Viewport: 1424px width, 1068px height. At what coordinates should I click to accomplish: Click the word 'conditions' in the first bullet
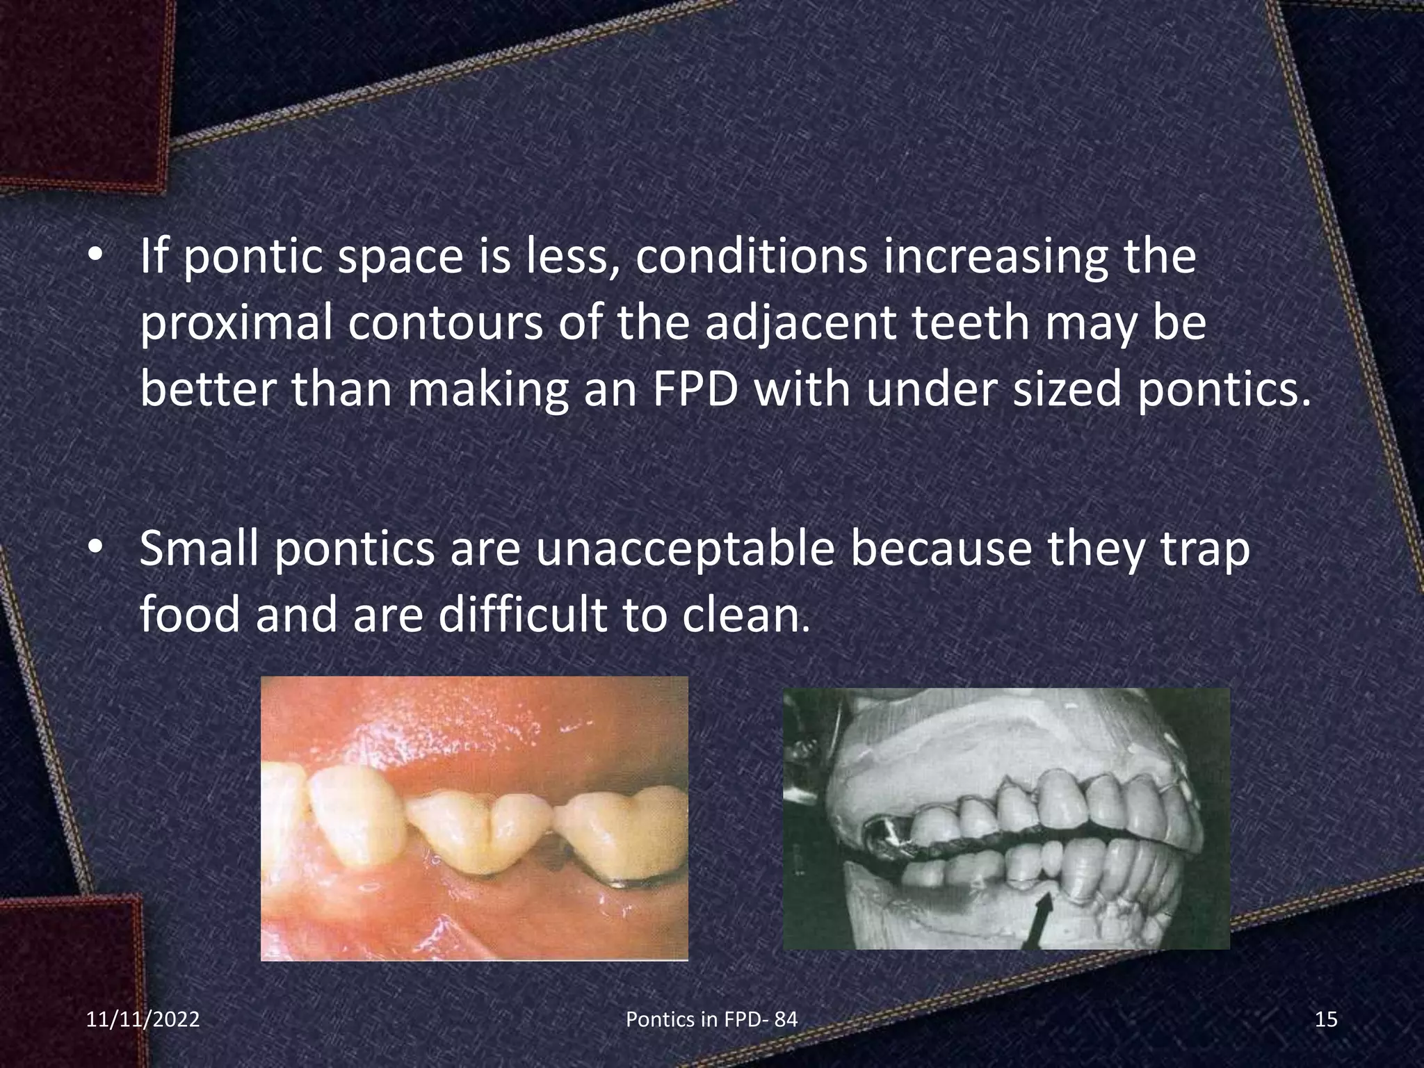pos(750,257)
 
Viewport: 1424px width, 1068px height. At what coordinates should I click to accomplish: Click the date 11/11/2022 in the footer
pos(143,1019)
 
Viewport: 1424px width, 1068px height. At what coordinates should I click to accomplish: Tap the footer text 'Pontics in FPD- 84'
pos(712,1019)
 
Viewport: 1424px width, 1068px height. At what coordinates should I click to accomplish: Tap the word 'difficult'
pos(521,615)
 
